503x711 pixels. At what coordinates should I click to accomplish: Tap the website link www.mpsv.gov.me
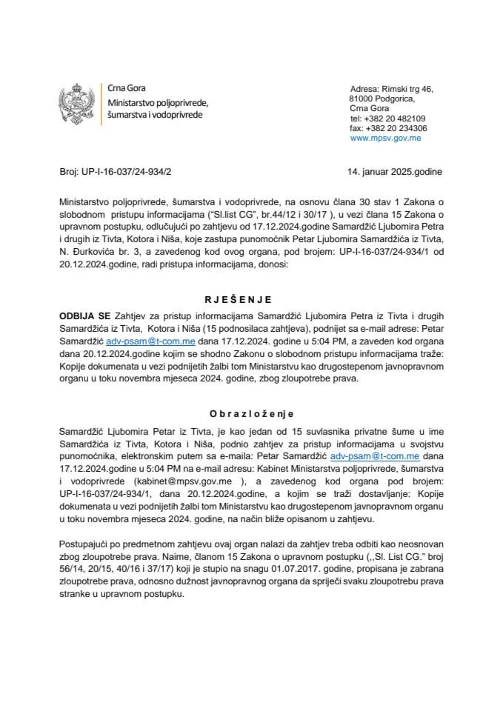click(x=386, y=138)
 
